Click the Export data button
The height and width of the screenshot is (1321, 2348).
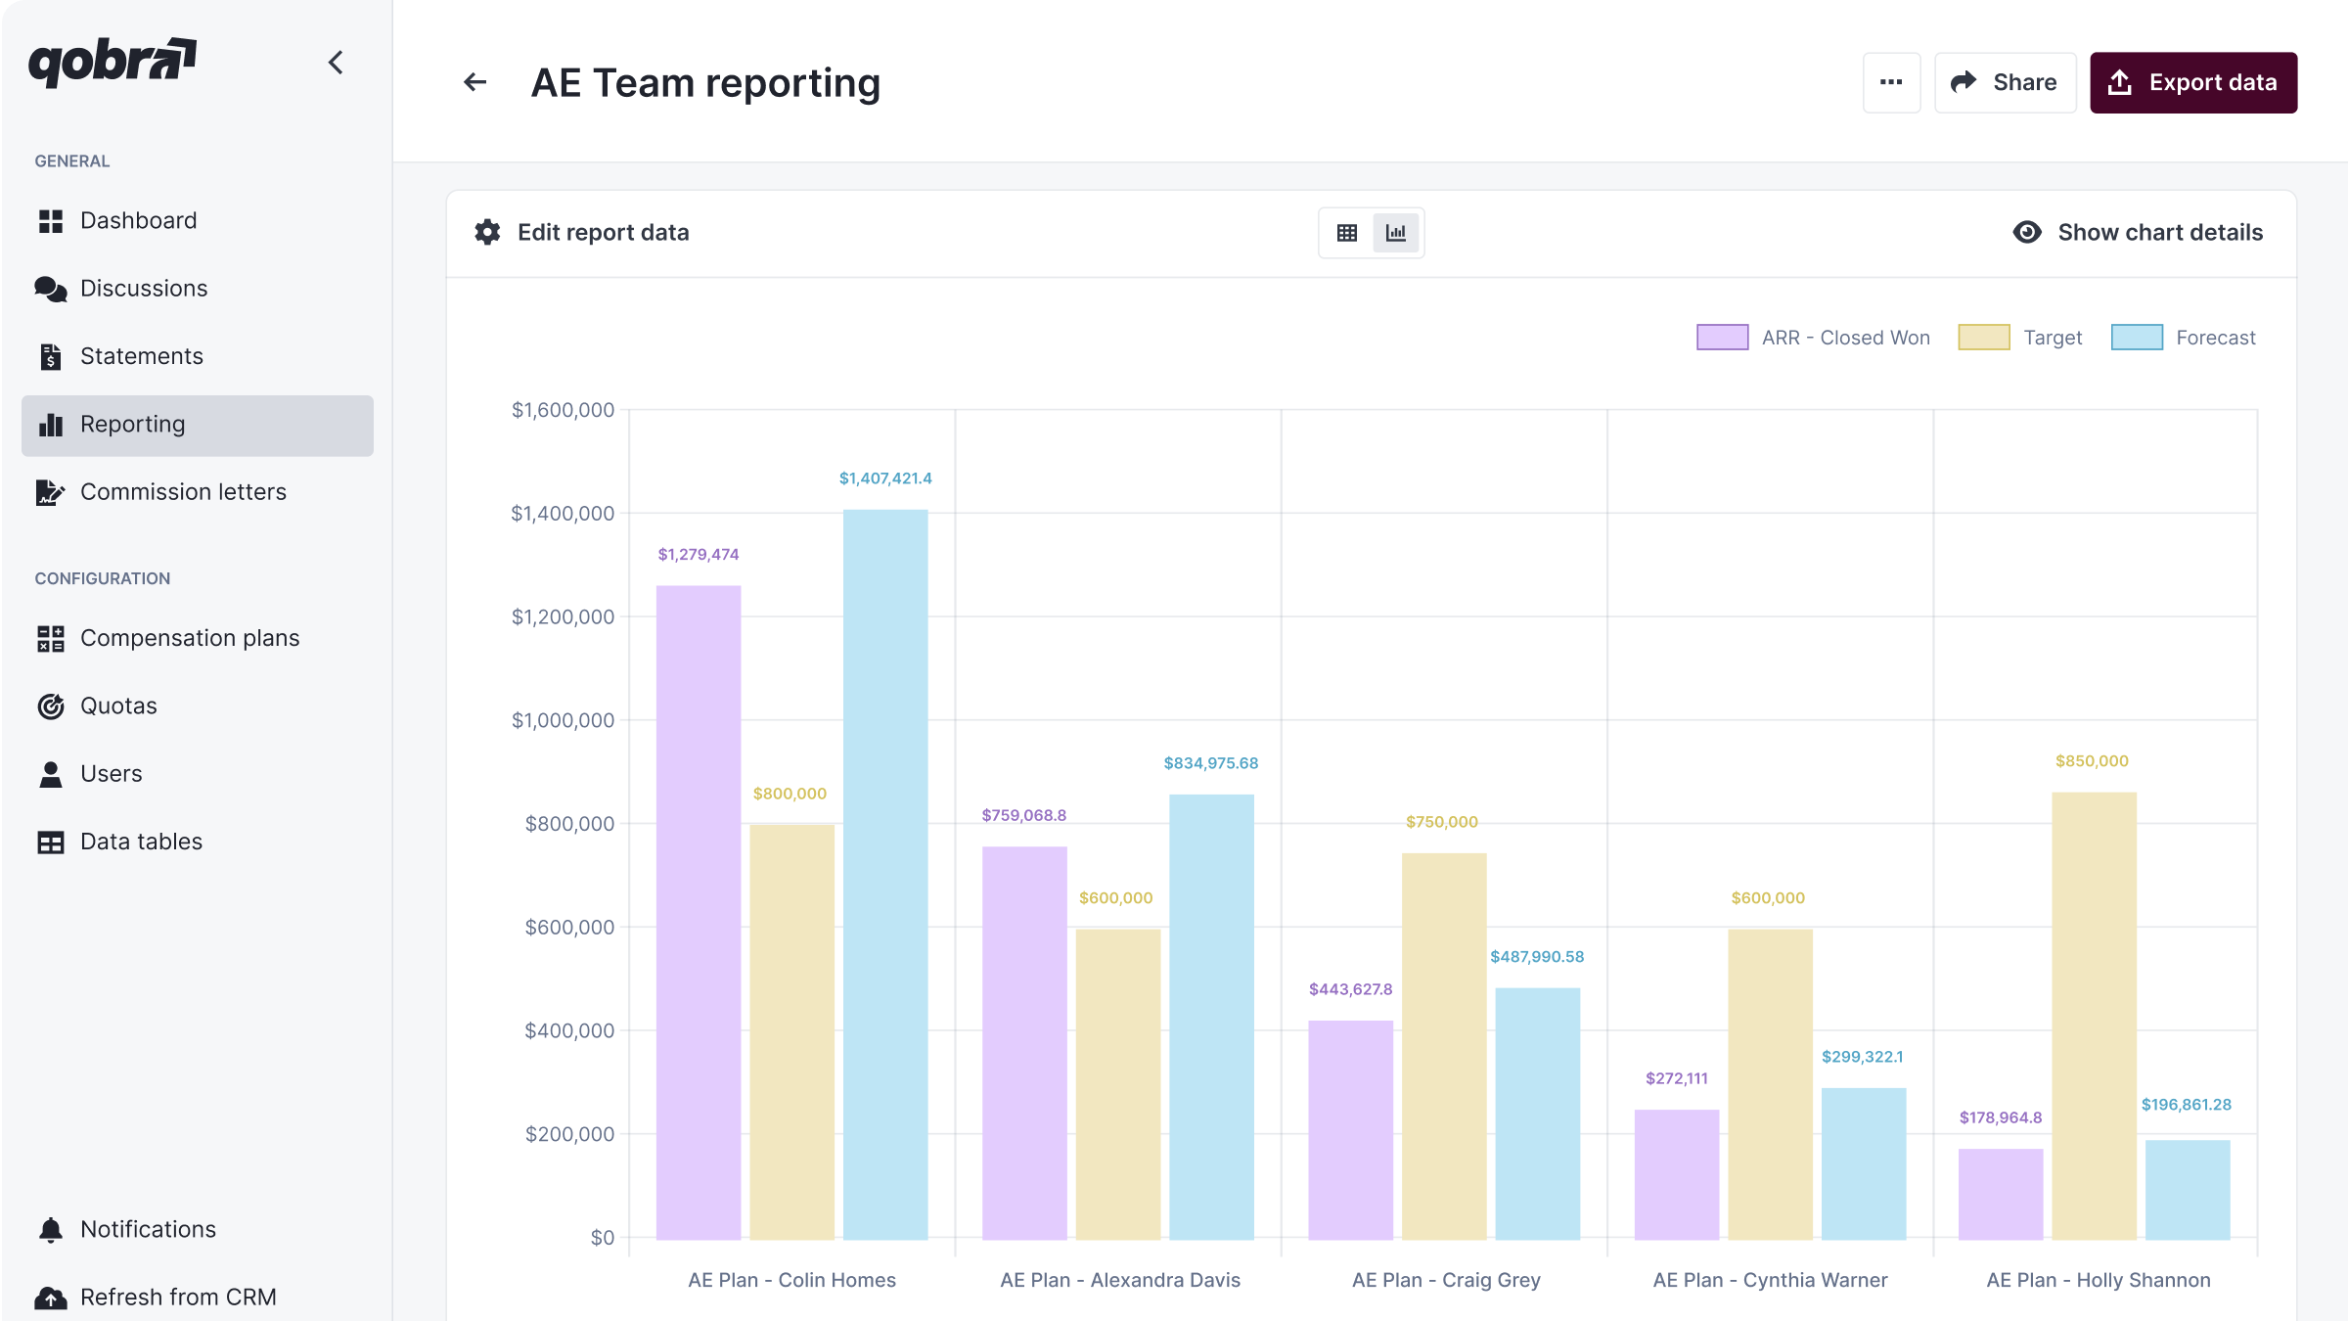tap(2192, 83)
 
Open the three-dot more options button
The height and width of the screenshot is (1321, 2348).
tap(1891, 83)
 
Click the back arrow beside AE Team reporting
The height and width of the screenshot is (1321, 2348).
tap(475, 83)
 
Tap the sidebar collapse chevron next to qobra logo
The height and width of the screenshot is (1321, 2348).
tap(336, 63)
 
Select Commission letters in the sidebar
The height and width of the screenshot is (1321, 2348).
tap(183, 492)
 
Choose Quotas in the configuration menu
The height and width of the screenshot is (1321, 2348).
tap(118, 706)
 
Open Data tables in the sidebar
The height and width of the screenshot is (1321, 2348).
tap(141, 842)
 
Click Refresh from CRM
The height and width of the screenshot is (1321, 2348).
tap(178, 1297)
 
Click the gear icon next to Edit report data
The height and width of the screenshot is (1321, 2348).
tap(487, 232)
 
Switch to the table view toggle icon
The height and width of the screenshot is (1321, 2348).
tap(1347, 233)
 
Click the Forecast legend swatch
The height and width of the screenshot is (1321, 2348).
tap(2137, 338)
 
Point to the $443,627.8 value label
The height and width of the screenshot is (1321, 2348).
tap(1350, 989)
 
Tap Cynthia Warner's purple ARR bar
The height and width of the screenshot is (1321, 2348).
tap(1676, 1174)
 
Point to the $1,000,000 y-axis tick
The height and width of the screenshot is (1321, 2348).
tap(563, 721)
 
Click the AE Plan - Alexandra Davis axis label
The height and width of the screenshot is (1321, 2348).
tap(1119, 1280)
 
